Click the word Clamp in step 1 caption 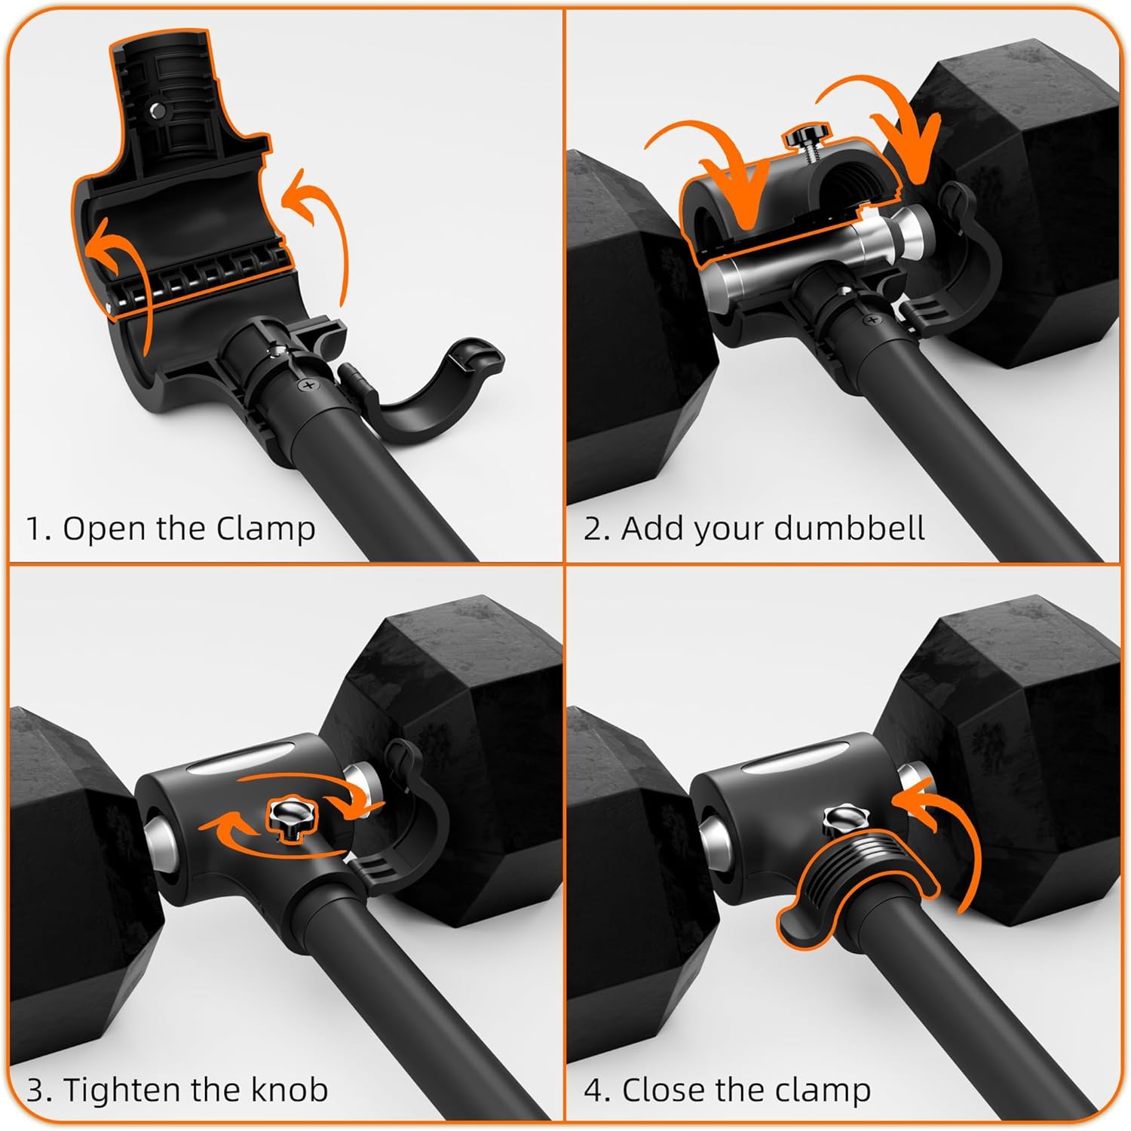click(x=265, y=529)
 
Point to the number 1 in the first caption click(x=34, y=529)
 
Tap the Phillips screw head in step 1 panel click(x=308, y=386)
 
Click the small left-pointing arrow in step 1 click(x=113, y=256)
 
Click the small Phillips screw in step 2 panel click(x=873, y=320)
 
